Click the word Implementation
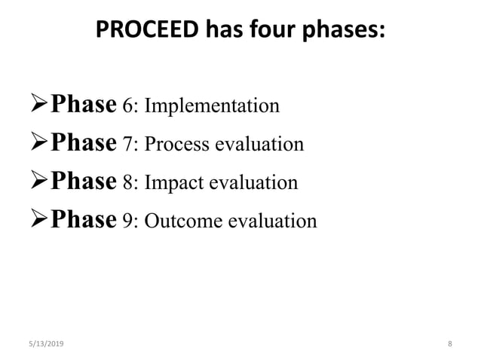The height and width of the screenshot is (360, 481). pyautogui.click(x=212, y=106)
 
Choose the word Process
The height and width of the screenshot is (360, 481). pyautogui.click(x=176, y=145)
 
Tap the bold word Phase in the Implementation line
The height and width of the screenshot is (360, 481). pyautogui.click(x=83, y=105)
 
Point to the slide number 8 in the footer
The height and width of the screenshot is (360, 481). pyautogui.click(x=449, y=343)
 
